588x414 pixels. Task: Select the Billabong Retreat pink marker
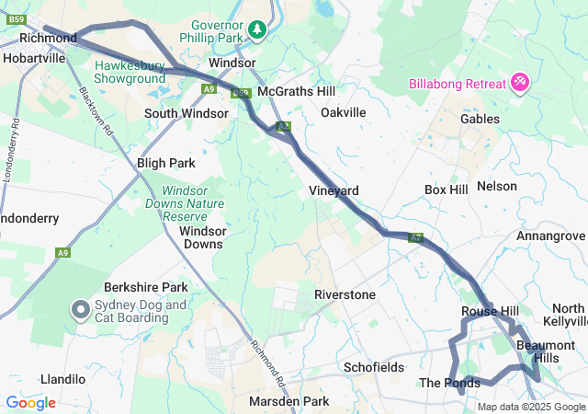click(520, 84)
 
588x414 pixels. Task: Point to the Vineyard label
click(334, 190)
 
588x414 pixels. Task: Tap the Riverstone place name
click(345, 294)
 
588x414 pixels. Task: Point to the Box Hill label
click(447, 190)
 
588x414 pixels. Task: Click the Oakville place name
click(344, 112)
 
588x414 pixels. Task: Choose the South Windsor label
click(186, 113)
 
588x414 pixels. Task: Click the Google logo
click(30, 402)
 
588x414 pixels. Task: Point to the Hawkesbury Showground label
click(130, 73)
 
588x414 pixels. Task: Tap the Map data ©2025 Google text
click(531, 407)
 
